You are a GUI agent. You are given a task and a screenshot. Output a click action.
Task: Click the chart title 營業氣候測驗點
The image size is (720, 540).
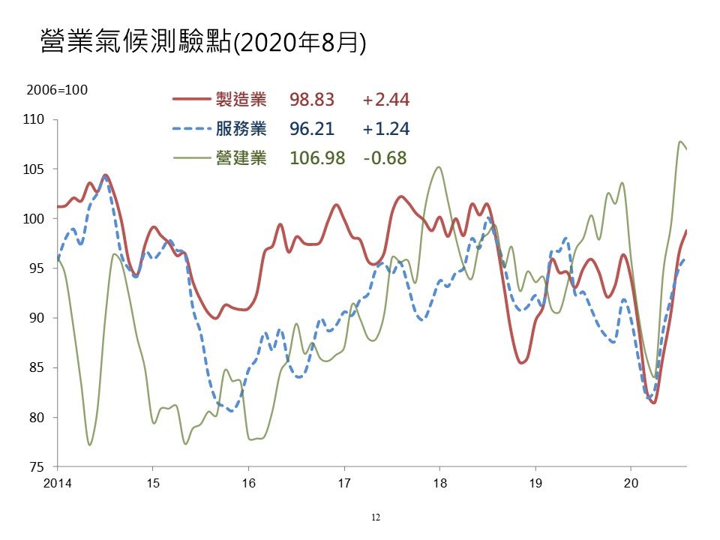[x=136, y=42]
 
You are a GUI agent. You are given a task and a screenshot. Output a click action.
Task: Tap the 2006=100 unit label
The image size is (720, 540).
[x=57, y=90]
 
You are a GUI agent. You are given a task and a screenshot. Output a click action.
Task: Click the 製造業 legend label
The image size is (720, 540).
[x=241, y=99]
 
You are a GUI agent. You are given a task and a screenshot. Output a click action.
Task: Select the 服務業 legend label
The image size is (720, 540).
[x=241, y=128]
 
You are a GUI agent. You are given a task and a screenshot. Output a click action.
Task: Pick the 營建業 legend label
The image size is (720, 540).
[x=241, y=158]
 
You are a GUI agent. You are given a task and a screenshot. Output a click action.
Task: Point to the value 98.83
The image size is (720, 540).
[x=312, y=100]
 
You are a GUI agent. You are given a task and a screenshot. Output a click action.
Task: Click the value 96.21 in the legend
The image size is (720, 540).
[x=312, y=129]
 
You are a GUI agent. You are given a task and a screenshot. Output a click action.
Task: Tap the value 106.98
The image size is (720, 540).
[x=317, y=158]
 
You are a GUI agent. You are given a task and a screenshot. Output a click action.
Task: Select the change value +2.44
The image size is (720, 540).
[x=385, y=100]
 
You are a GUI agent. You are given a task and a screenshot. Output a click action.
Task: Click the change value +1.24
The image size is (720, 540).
[x=385, y=129]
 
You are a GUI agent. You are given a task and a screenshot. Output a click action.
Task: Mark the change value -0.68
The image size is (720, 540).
[x=385, y=158]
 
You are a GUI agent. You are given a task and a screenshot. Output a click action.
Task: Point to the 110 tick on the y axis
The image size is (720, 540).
[x=34, y=119]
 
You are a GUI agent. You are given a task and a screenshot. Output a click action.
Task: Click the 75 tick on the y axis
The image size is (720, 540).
[x=37, y=467]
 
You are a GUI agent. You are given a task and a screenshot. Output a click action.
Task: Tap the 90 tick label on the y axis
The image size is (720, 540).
[x=37, y=318]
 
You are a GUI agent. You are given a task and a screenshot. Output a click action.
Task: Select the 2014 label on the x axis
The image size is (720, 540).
[x=58, y=483]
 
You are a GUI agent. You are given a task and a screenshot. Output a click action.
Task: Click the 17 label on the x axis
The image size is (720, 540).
[x=344, y=483]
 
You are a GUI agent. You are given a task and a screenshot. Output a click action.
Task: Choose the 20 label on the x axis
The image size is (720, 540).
[x=631, y=483]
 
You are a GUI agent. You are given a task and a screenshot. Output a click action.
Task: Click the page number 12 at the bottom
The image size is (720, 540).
[x=376, y=517]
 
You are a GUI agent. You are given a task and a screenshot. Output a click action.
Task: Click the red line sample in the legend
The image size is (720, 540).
[x=191, y=99]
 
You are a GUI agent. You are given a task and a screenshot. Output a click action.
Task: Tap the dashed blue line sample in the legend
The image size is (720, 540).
[x=191, y=129]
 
